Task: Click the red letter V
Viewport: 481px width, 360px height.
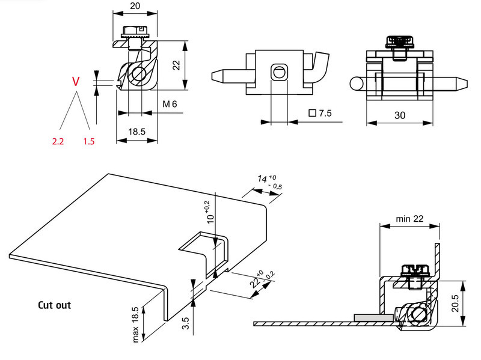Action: [75, 81]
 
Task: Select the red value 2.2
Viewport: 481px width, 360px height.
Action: [58, 141]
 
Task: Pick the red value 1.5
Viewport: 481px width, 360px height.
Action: [90, 141]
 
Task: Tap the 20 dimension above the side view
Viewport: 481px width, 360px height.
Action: [136, 6]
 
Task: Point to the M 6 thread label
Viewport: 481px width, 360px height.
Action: [170, 104]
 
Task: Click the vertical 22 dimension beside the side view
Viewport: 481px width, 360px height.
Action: [176, 66]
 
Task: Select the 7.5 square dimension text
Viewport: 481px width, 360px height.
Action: [325, 112]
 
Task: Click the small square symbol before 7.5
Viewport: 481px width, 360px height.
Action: [311, 112]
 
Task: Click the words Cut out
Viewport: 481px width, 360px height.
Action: [54, 305]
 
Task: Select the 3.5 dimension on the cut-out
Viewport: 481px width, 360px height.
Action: [186, 325]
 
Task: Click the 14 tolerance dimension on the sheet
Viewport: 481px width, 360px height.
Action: [263, 178]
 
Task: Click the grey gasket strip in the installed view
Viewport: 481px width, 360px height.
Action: [372, 316]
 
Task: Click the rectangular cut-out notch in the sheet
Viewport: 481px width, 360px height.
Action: [204, 252]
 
